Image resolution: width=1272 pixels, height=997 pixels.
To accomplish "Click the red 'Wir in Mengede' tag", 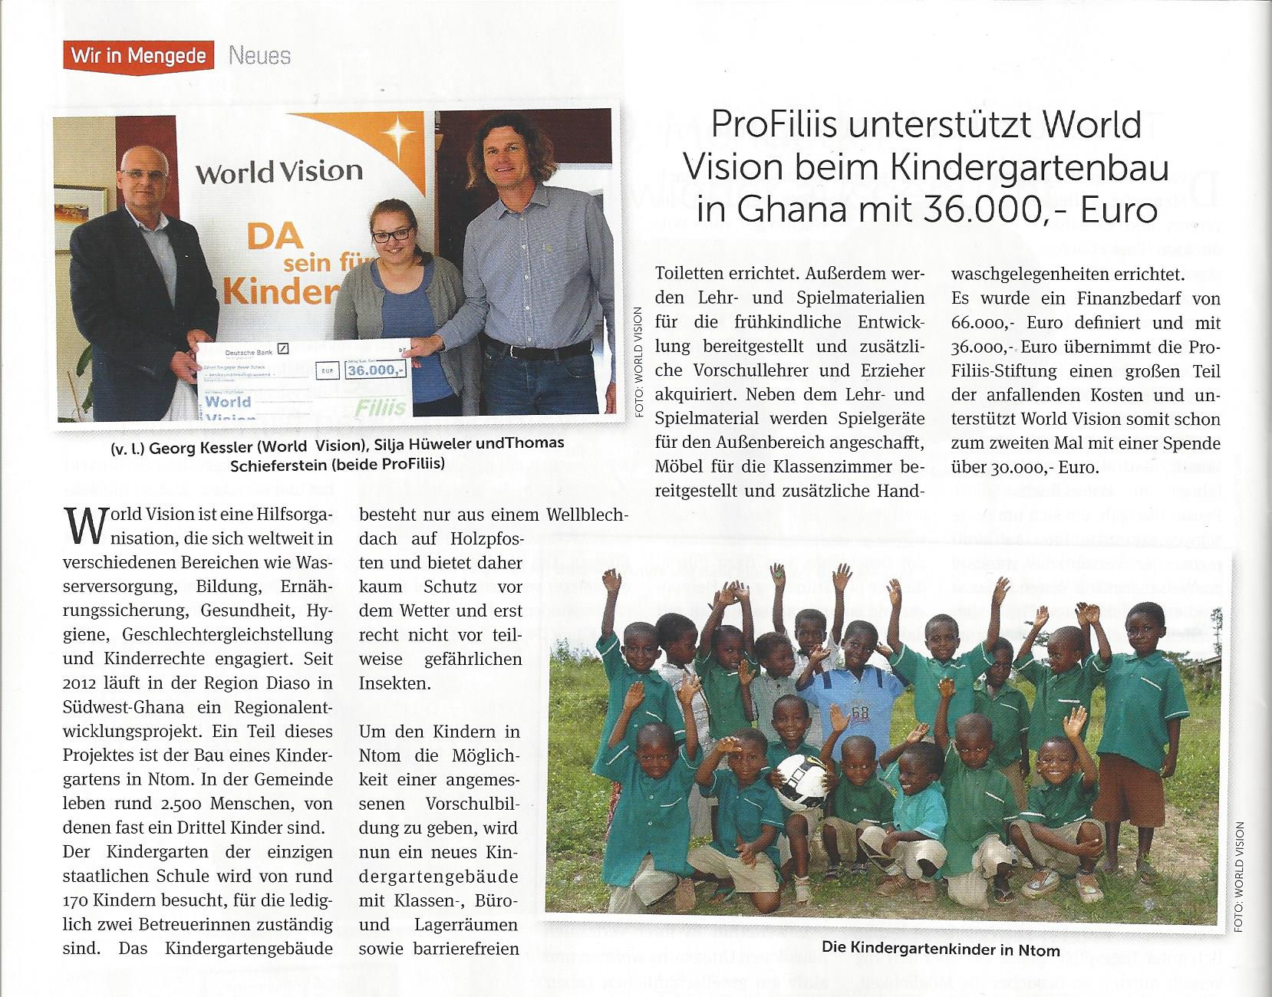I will pos(139,55).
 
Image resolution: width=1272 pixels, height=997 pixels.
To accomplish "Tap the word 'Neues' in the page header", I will pos(259,56).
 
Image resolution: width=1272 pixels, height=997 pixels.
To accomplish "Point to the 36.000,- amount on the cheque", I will pos(375,370).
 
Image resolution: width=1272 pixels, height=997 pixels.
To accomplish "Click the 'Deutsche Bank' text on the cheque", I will pos(249,353).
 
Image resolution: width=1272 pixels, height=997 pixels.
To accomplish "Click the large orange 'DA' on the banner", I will pos(275,235).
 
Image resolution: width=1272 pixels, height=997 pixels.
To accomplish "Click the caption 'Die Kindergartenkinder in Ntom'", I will pos(941,949).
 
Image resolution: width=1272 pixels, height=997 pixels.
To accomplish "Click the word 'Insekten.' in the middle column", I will pos(395,683).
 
